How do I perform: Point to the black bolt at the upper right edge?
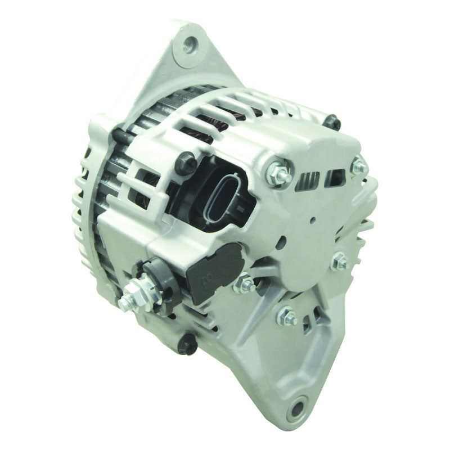(x=333, y=122)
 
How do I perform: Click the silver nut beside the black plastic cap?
(x=244, y=283)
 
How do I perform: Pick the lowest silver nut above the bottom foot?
(x=287, y=317)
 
